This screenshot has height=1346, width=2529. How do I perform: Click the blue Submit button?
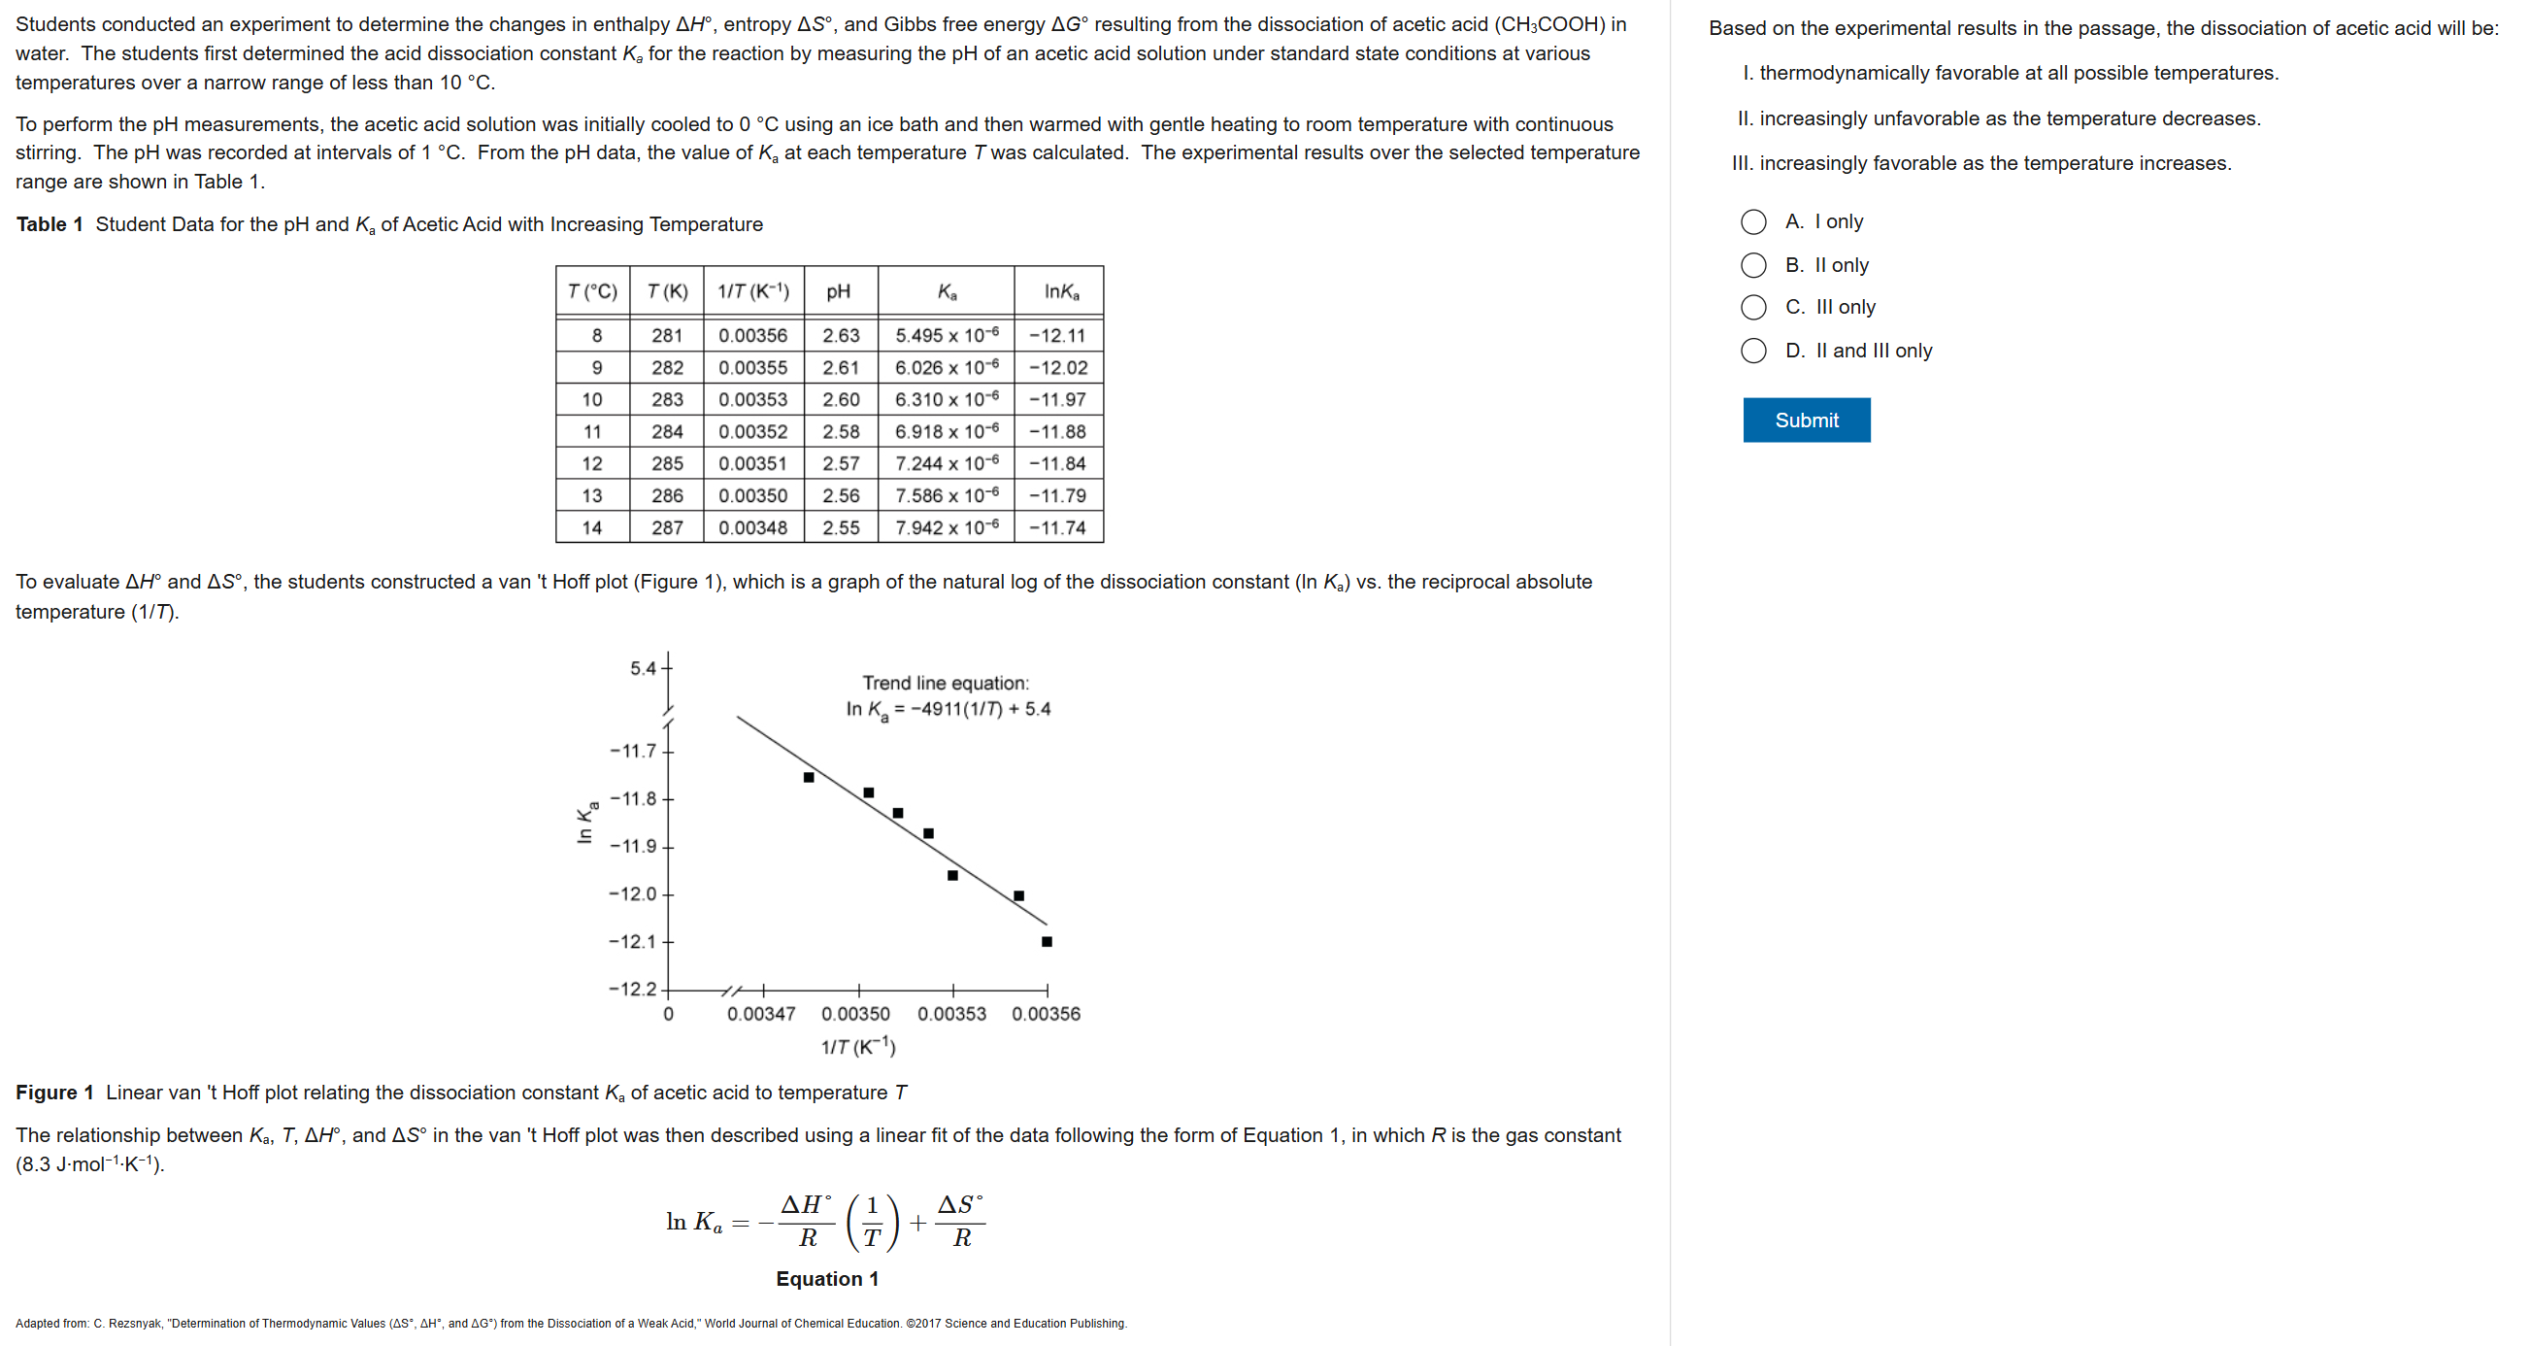1806,421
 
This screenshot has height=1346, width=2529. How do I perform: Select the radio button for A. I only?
1752,221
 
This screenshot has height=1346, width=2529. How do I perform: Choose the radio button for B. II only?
1752,265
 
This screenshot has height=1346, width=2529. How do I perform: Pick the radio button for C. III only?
1752,307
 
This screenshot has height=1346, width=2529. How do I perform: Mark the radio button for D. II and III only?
1752,351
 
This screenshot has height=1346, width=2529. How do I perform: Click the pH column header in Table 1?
839,291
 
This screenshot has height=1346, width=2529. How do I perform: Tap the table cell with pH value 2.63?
841,336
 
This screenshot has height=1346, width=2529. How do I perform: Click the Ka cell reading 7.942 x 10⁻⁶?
946,528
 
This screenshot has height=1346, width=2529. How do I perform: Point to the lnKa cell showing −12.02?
1057,368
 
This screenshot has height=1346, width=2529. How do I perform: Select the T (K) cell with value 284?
667,432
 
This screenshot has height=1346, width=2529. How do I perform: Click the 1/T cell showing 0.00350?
752,496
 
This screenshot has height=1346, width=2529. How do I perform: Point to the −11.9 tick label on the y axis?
632,846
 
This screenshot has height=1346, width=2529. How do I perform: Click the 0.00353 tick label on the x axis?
951,1014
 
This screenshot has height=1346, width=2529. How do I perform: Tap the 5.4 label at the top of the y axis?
643,668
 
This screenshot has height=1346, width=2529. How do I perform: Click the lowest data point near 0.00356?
1047,941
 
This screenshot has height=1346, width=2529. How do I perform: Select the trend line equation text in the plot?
948,709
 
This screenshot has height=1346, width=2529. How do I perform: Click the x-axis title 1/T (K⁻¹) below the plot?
858,1047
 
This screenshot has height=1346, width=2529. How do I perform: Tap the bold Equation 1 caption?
826,1278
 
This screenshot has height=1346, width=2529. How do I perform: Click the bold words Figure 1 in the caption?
54,1093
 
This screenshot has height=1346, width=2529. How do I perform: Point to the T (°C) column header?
592,291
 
